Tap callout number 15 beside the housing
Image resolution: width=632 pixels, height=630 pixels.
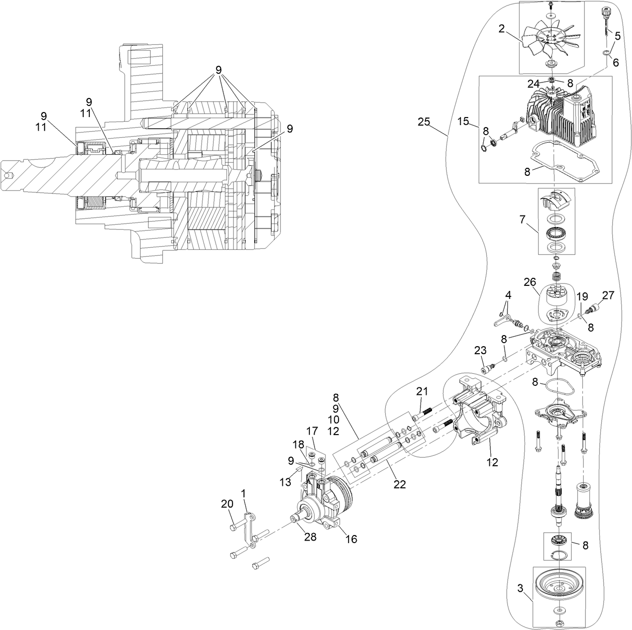pos(464,122)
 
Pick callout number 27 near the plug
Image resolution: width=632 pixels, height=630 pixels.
pos(608,296)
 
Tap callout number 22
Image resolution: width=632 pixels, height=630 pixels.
pos(399,484)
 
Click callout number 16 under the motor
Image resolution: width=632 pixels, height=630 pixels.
pos(351,539)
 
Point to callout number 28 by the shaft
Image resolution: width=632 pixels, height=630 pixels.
pos(310,537)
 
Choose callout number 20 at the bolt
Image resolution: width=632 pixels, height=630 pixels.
pos(227,503)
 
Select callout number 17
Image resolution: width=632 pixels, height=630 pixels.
pos(312,431)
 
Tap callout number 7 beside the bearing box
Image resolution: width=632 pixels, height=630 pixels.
pos(523,220)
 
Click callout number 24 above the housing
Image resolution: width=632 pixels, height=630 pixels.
pos(534,83)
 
